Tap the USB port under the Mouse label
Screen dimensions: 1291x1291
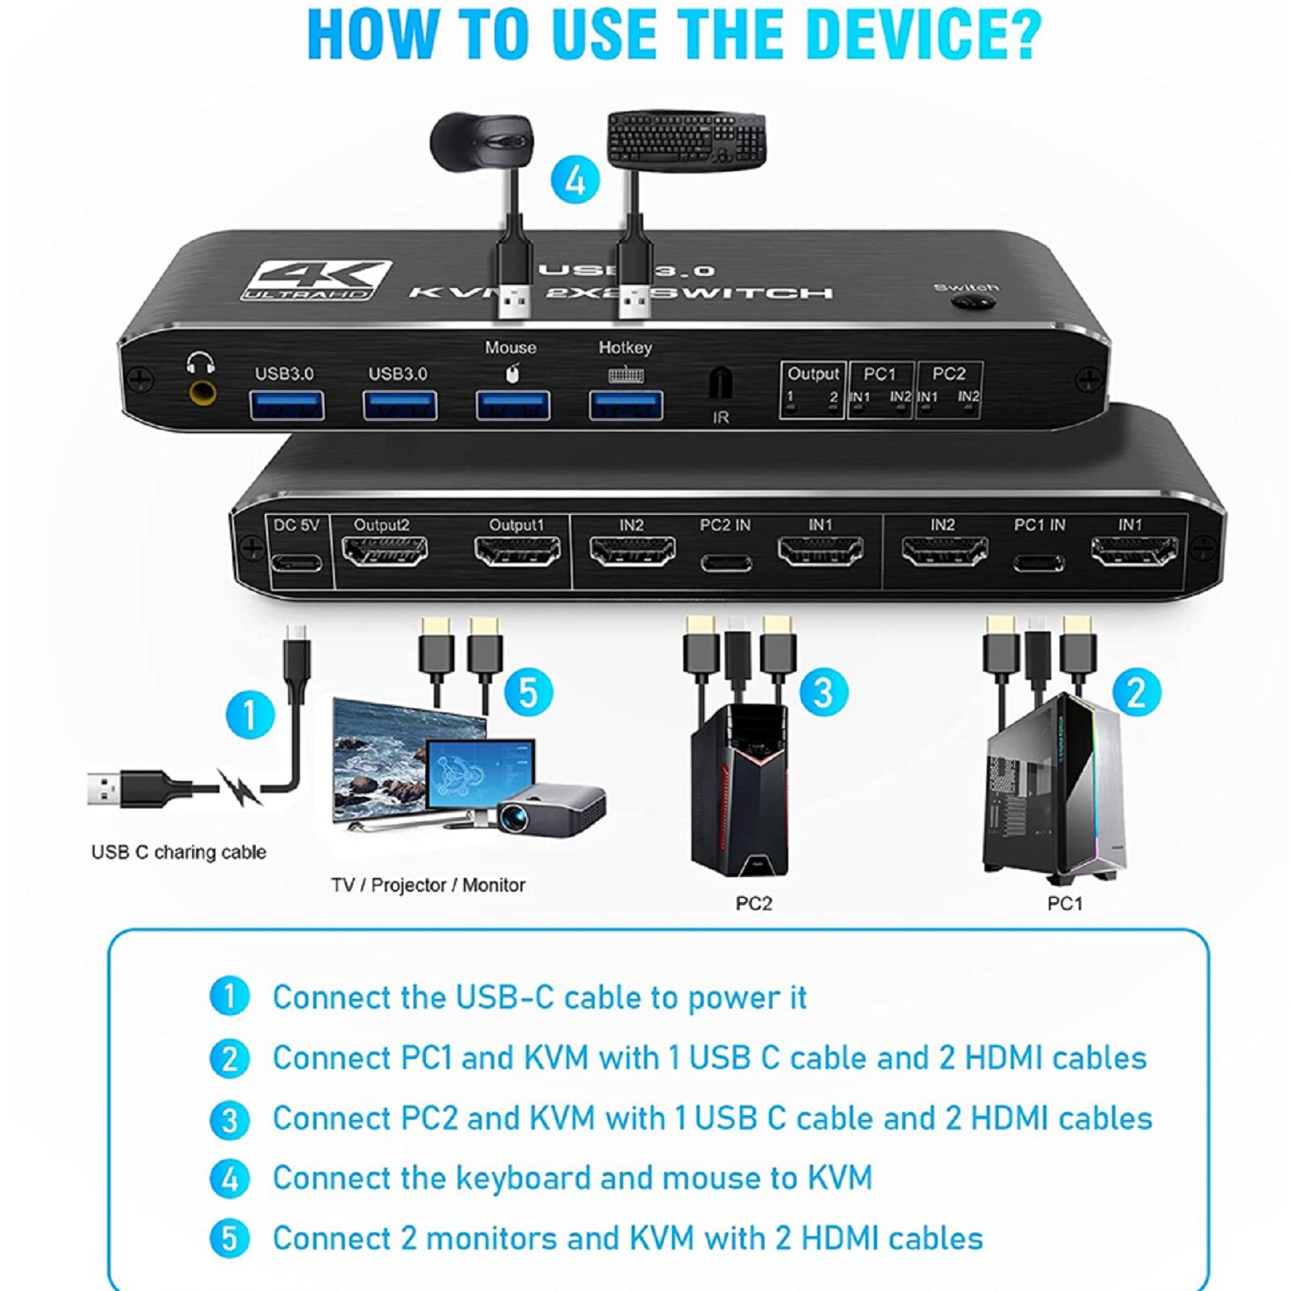pyautogui.click(x=512, y=404)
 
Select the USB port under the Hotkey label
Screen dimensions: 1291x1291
pyautogui.click(x=626, y=404)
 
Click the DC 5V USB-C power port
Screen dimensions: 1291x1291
pyautogui.click(x=296, y=562)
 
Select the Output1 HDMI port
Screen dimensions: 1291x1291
pyautogui.click(x=517, y=553)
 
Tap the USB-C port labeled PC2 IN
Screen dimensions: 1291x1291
pyautogui.click(x=725, y=562)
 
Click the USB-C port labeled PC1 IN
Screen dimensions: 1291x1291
pyautogui.click(x=1038, y=562)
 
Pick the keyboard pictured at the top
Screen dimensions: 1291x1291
pyautogui.click(x=686, y=140)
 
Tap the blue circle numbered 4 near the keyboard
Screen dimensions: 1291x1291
pyautogui.click(x=574, y=180)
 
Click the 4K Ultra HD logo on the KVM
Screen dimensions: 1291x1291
pyautogui.click(x=317, y=280)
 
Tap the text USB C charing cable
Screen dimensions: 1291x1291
pyautogui.click(x=178, y=852)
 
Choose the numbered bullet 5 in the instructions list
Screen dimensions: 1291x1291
pyautogui.click(x=229, y=1238)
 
